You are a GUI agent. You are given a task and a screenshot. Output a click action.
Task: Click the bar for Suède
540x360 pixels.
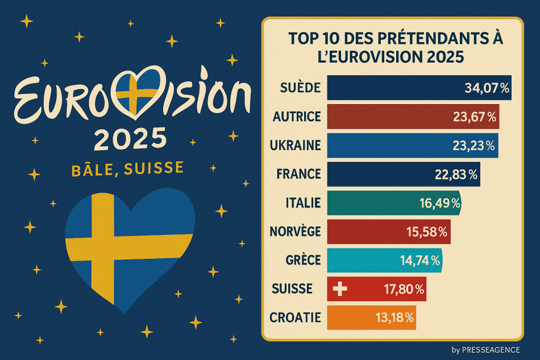[x=419, y=88]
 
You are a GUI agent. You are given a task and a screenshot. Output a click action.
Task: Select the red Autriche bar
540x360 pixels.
[x=413, y=117]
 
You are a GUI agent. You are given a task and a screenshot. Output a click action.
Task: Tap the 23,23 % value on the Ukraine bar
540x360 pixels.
[x=473, y=146]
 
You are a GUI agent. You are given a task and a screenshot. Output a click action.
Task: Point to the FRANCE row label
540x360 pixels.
[x=298, y=174]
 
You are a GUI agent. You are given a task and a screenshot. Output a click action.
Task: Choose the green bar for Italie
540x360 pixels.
[x=394, y=203]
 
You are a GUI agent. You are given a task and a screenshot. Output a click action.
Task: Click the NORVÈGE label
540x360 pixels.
[x=295, y=231]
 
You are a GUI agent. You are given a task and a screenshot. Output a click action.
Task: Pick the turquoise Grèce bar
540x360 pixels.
[x=385, y=260]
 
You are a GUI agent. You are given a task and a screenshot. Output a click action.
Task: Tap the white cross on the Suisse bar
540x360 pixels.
[x=340, y=289]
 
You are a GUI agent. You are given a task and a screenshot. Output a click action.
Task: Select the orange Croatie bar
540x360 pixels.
[x=372, y=317]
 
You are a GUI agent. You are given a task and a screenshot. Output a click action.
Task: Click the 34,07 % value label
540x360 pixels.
[x=487, y=88]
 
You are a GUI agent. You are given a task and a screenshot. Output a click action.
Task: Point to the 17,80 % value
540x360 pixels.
[x=404, y=289]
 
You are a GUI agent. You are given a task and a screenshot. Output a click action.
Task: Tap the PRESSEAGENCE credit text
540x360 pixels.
[x=491, y=350]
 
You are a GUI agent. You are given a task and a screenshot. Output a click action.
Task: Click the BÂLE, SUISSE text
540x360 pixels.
[x=127, y=169]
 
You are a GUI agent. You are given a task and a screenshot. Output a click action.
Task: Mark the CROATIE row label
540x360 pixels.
[x=295, y=317]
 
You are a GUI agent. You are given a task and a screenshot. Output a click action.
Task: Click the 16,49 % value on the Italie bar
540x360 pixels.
[x=440, y=203]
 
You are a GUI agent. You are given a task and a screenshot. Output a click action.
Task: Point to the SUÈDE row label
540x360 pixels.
[x=300, y=88]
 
